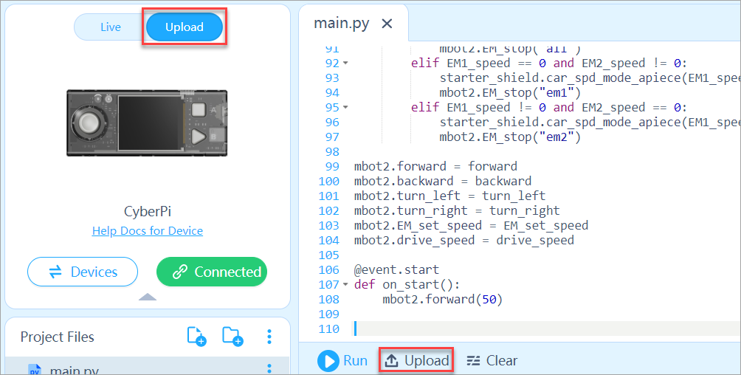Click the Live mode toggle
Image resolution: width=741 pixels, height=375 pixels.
111,27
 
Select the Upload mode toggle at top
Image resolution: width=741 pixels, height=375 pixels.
185,27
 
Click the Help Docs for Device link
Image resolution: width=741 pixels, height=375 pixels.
148,230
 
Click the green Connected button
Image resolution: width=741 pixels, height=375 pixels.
212,272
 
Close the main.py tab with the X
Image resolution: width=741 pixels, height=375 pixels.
387,23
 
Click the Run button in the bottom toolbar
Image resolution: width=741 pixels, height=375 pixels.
342,361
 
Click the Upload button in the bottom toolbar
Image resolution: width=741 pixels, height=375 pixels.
417,361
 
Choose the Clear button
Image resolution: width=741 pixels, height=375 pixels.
492,361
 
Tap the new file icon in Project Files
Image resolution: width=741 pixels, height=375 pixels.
196,337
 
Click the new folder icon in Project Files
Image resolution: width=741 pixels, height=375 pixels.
232,337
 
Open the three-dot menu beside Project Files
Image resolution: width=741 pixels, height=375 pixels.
269,337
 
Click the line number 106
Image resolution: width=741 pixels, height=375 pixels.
328,269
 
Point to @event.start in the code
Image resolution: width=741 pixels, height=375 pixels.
396,269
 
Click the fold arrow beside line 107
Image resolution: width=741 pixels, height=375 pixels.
345,285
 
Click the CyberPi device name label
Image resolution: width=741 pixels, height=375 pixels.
147,212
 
